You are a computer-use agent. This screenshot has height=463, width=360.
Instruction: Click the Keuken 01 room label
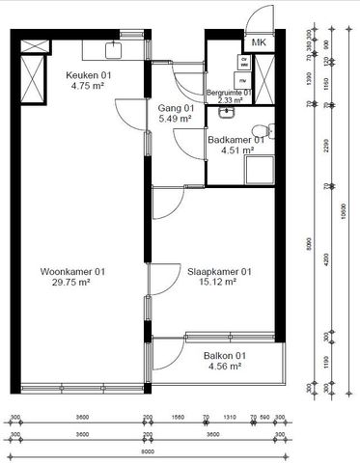(x=85, y=75)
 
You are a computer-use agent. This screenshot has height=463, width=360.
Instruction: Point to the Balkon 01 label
(x=225, y=356)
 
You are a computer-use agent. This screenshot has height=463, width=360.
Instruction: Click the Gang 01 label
(x=177, y=108)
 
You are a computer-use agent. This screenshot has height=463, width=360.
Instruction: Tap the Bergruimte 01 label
(x=229, y=93)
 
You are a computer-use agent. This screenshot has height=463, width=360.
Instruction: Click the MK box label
(x=259, y=43)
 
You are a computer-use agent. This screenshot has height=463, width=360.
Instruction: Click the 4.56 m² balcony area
(x=225, y=368)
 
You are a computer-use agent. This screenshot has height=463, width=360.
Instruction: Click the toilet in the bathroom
(x=259, y=131)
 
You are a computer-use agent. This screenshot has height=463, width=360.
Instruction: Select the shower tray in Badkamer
(x=261, y=172)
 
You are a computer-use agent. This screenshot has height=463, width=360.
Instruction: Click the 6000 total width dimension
(x=147, y=450)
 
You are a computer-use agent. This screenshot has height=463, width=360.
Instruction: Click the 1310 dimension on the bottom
(x=230, y=419)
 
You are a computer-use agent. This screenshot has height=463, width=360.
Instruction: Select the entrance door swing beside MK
(x=259, y=19)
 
